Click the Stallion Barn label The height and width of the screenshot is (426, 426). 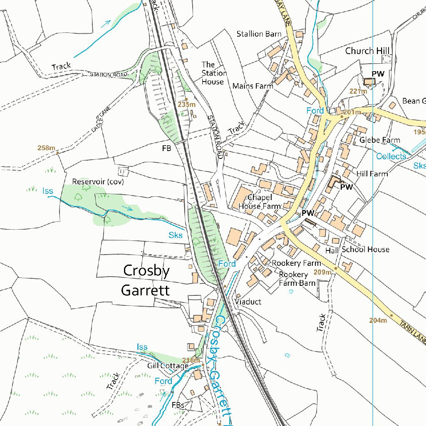pos(259,34)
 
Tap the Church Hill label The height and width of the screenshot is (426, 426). pos(367,51)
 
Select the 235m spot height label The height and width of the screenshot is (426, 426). pos(186,104)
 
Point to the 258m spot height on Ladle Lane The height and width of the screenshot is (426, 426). pos(46,148)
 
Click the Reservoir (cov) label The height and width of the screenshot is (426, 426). pos(98,182)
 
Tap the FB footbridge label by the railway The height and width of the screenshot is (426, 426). pos(167,148)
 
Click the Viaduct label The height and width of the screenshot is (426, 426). pos(248,302)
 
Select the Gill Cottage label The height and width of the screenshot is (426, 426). pos(168,366)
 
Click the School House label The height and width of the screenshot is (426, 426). pos(365,250)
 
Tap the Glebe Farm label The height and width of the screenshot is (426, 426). pos(379,140)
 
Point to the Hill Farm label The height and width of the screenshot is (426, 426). pos(372,174)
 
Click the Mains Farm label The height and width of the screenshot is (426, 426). pos(253,86)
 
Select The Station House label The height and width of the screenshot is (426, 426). pos(214,73)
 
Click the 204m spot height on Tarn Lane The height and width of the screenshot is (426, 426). pos(378,320)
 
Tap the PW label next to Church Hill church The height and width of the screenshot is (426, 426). pos(378,74)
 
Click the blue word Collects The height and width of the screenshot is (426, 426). pos(391,156)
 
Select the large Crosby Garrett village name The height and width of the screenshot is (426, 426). pos(146,280)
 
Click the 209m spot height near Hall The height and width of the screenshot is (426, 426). pos(322,272)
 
